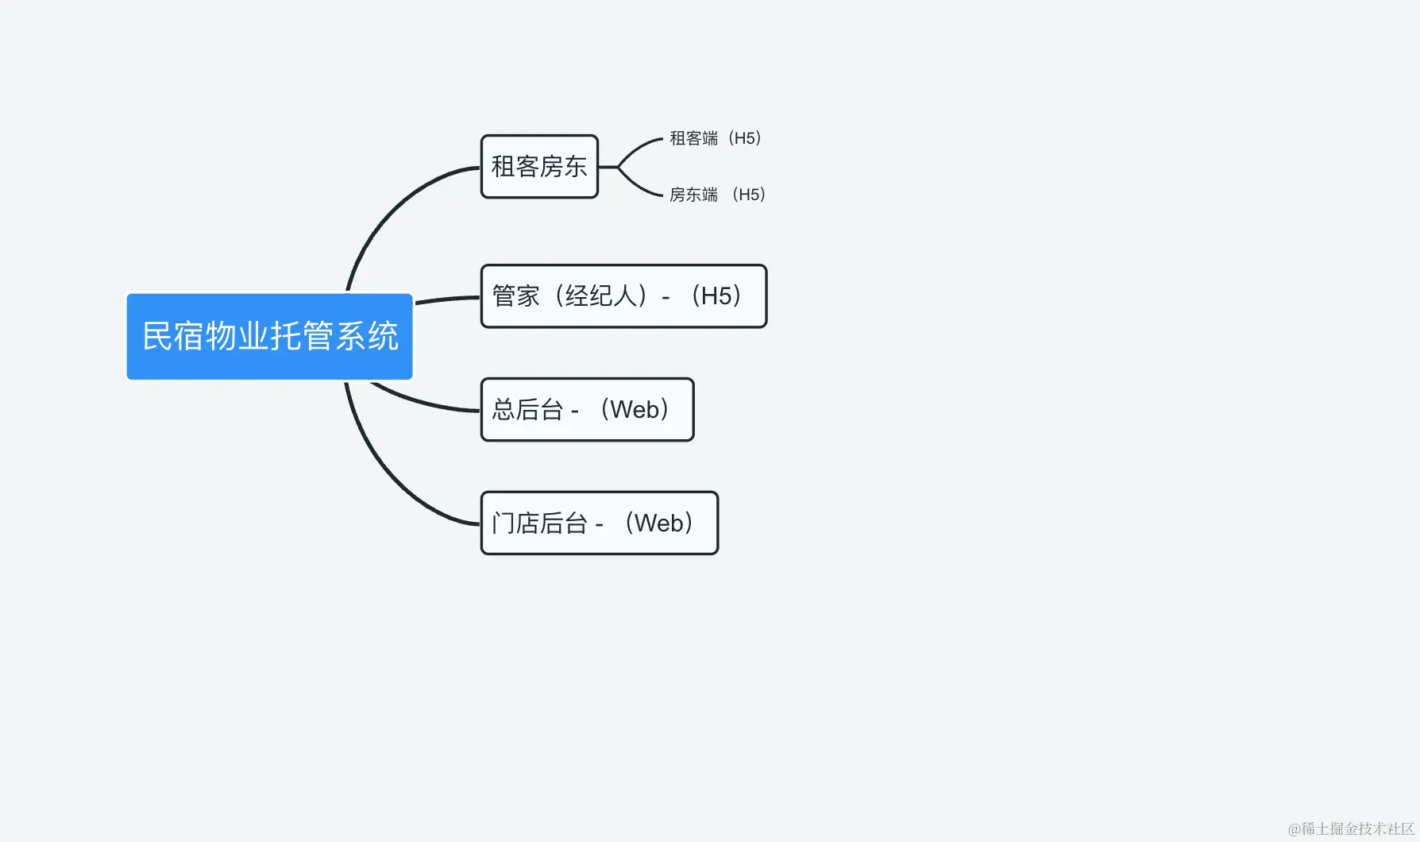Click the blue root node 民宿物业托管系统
pos(269,336)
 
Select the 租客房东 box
pos(539,167)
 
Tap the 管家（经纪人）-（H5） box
pos(623,296)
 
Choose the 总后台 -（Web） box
pos(587,410)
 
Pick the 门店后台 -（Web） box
pos(599,523)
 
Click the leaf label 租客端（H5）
pos(716,138)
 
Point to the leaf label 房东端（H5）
pos(717,195)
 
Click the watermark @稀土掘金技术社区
pos(1351,828)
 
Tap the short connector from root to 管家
pos(447,299)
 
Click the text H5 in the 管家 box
pos(716,296)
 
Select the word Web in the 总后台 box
pos(635,410)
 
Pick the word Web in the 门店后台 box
pos(658,523)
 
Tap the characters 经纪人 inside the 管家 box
pos(600,296)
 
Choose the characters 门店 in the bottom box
pos(515,523)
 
